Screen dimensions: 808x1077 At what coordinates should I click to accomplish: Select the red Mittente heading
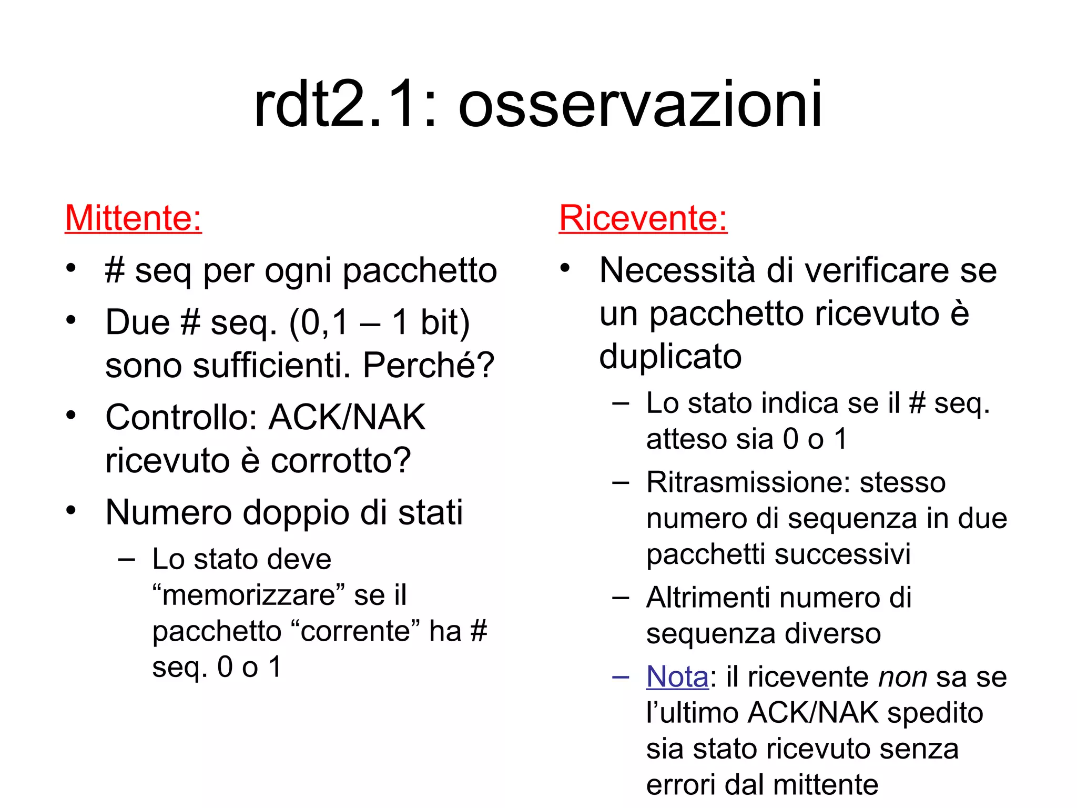(x=133, y=218)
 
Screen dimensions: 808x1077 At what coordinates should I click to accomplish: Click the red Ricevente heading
(x=643, y=218)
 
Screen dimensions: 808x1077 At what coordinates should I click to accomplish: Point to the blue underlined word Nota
(x=677, y=676)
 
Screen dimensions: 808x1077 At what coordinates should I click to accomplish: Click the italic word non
(x=902, y=678)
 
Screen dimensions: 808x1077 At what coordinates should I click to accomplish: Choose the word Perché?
(x=429, y=365)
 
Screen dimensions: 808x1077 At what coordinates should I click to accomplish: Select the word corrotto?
(x=340, y=461)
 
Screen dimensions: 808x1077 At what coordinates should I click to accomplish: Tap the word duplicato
(x=670, y=357)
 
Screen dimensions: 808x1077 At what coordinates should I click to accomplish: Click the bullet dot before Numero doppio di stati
(x=72, y=510)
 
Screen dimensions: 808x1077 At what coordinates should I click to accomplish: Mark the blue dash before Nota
(x=621, y=677)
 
